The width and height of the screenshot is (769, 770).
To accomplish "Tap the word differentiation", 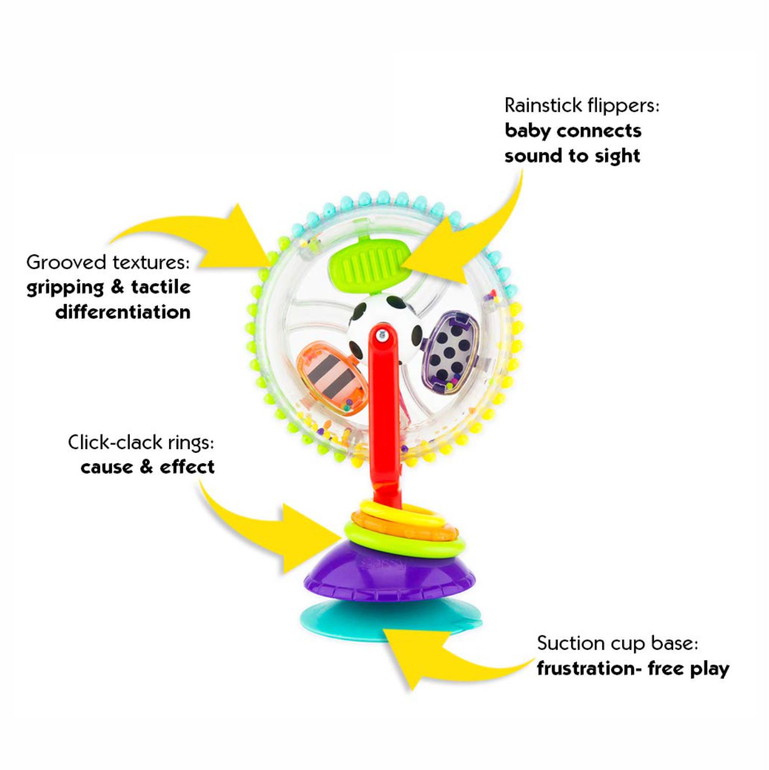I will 123,312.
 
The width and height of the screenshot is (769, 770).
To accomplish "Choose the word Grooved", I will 66,263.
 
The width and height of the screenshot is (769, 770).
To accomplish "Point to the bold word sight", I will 616,156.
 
